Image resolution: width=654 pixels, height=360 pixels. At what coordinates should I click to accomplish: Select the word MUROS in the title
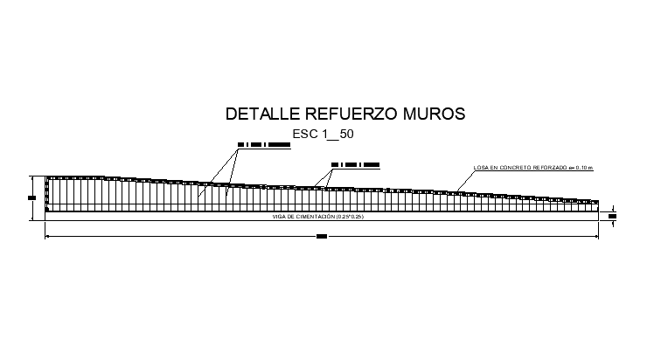[x=434, y=114]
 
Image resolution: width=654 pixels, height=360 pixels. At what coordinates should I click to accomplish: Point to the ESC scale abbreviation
[x=307, y=135]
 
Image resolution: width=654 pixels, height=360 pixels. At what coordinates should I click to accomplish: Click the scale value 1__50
[x=338, y=135]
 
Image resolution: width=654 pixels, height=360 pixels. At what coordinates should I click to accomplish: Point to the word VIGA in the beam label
[x=280, y=216]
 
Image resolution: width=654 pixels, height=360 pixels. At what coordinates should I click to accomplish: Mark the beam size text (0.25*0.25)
[x=351, y=216]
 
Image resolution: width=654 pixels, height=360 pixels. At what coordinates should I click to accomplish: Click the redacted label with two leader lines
[x=263, y=144]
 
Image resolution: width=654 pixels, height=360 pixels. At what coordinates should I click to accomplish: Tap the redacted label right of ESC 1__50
[x=355, y=163]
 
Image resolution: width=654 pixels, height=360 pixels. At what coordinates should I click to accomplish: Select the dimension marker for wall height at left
[x=31, y=197]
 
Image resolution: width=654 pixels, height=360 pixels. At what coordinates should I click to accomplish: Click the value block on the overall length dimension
[x=321, y=236]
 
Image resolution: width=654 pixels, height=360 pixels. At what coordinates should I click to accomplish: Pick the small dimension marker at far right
[x=612, y=216]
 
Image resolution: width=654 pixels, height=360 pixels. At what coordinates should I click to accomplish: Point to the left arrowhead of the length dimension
[x=48, y=236]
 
